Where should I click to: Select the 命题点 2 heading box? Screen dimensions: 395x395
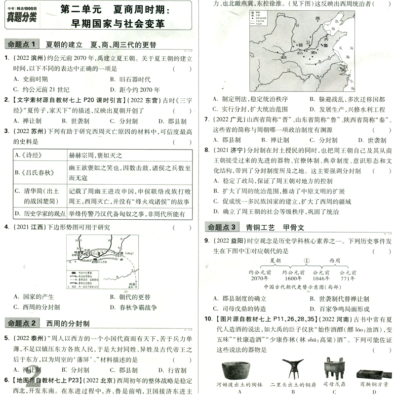(22, 324)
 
